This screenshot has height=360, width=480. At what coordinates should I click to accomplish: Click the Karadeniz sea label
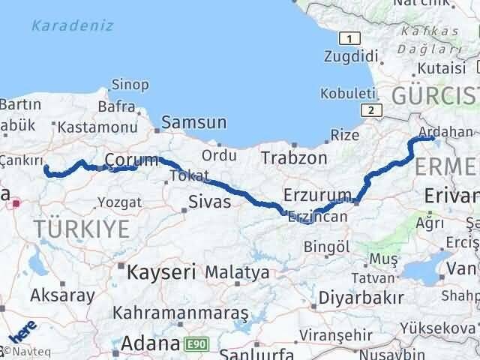click(73, 26)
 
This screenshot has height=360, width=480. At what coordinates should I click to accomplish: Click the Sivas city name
click(209, 202)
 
